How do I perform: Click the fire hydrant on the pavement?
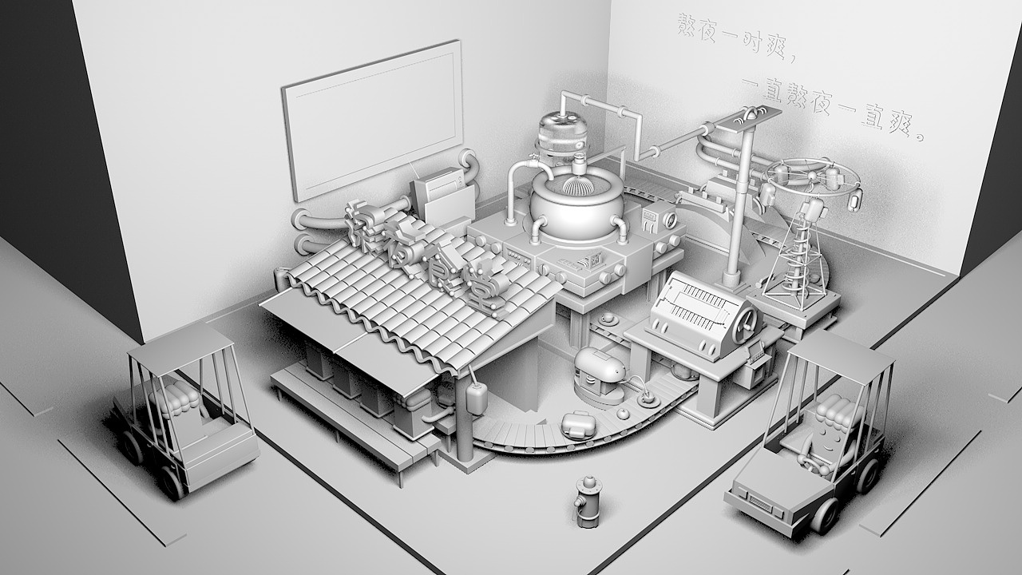pyautogui.click(x=588, y=502)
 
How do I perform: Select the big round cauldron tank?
pyautogui.click(x=576, y=209)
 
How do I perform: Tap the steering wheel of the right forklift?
pyautogui.click(x=810, y=462)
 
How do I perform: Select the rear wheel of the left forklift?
pyautogui.click(x=170, y=482)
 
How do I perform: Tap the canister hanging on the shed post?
pyautogui.click(x=477, y=397)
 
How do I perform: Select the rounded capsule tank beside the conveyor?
pyautogui.click(x=600, y=372)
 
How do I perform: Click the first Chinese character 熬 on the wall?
pyautogui.click(x=688, y=25)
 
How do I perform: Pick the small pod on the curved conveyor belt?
pyautogui.click(x=578, y=423)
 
